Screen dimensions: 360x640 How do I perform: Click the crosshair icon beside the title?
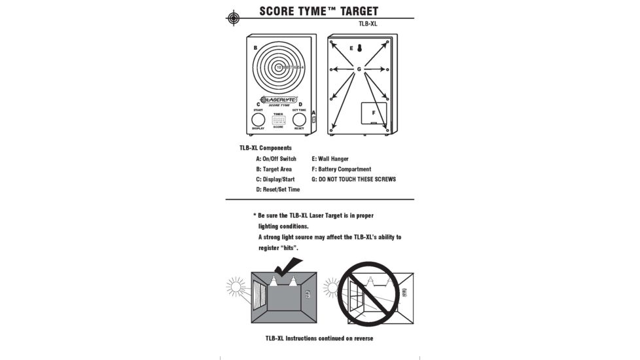233,18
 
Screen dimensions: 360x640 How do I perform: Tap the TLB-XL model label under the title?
368,24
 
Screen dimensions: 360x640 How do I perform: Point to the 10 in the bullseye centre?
279,67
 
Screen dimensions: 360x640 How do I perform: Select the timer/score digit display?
279,120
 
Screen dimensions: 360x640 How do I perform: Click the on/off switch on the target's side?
315,119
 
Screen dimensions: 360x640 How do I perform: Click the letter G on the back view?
359,69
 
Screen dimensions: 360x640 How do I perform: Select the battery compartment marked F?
373,113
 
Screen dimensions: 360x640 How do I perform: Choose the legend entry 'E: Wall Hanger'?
330,158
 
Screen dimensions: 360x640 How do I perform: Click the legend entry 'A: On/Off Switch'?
276,158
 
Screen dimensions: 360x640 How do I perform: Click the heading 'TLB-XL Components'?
266,148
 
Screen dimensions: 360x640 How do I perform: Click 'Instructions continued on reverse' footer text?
319,338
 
